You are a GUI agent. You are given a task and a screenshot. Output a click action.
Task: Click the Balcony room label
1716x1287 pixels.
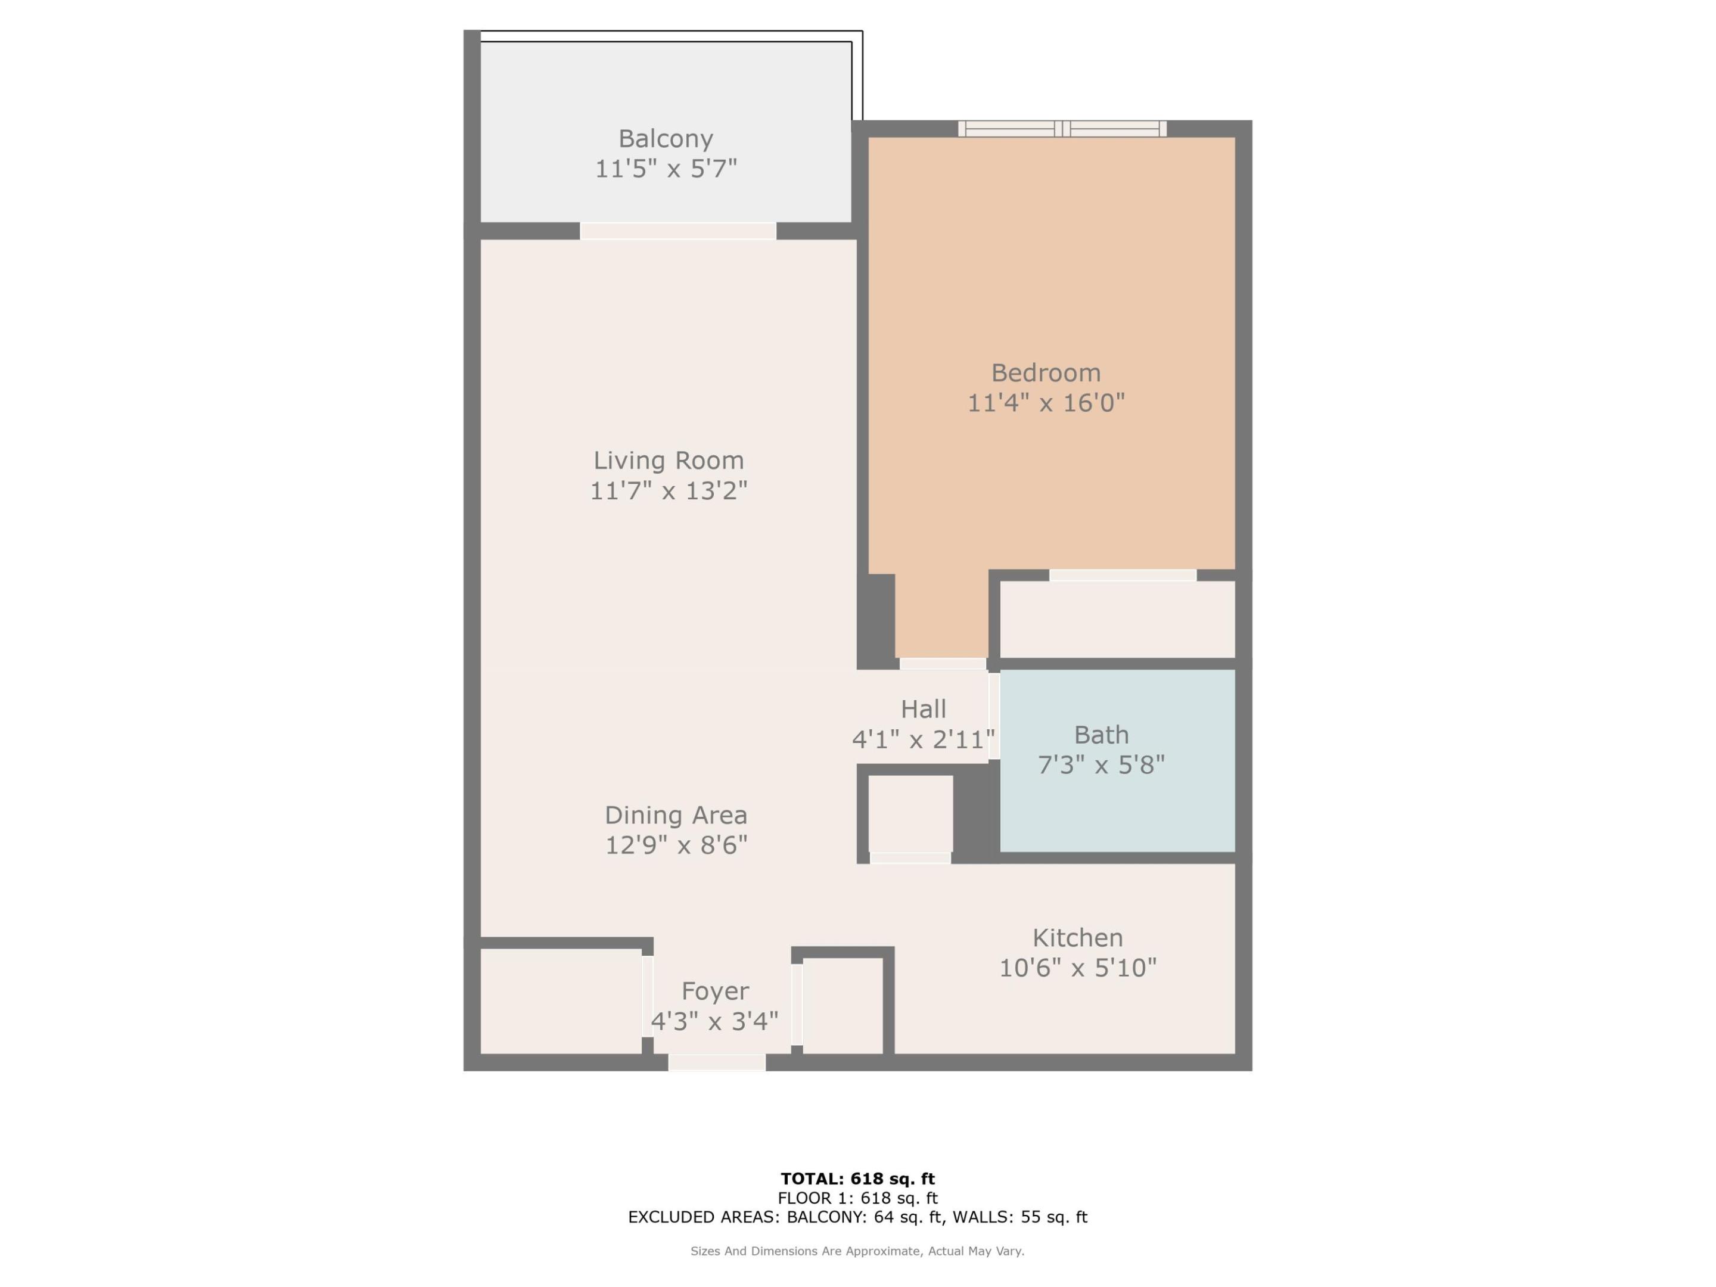click(665, 139)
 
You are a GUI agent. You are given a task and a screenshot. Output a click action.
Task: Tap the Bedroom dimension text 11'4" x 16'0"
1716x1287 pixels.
click(1045, 403)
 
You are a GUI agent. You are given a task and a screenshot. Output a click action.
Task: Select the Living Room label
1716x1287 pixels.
click(668, 460)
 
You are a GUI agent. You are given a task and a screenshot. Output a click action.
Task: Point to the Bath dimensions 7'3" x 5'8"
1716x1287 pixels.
click(1101, 765)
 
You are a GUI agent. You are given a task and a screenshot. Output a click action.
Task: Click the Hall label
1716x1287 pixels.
click(923, 708)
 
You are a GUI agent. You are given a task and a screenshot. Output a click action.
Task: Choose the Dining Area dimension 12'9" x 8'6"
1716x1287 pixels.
click(676, 844)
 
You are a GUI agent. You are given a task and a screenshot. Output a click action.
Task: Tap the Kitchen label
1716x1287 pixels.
click(1077, 937)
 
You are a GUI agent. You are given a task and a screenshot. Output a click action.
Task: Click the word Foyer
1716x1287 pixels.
click(714, 991)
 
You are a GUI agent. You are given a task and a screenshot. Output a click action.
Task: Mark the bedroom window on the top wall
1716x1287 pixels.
click(1062, 129)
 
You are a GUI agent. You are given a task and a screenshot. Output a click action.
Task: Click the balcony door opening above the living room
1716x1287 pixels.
click(677, 231)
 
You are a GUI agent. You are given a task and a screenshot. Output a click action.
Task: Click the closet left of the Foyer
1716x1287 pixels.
click(560, 1002)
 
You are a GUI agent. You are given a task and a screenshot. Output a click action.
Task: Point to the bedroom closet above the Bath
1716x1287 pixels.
click(1117, 620)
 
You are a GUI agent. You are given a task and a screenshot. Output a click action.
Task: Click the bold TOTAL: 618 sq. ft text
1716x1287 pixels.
click(857, 1179)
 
